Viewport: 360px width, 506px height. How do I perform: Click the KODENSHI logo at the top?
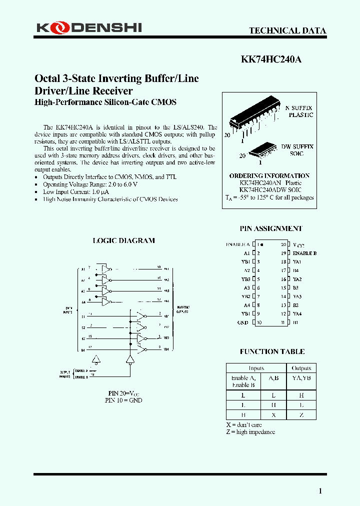tap(89, 28)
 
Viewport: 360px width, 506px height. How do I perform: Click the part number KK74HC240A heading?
tap(271, 59)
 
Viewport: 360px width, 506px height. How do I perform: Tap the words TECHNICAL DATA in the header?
tap(287, 30)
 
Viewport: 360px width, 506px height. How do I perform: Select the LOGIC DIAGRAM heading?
tap(123, 240)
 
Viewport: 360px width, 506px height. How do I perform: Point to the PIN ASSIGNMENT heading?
tap(271, 228)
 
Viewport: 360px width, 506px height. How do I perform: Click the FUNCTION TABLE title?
tap(272, 351)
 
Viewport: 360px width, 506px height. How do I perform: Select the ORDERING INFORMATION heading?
tap(269, 176)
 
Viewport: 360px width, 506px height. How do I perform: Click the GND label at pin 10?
tap(242, 322)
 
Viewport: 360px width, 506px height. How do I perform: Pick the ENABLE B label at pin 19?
tap(304, 253)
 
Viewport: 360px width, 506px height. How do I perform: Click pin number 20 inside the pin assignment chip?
tap(283, 245)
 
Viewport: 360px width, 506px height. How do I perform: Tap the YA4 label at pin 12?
tap(297, 313)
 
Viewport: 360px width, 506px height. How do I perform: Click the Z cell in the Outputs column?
tap(301, 414)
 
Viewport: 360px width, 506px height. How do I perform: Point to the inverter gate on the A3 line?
tap(105, 290)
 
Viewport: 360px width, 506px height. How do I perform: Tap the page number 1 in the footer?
tap(320, 491)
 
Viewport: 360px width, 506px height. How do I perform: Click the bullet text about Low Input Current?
tap(76, 191)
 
